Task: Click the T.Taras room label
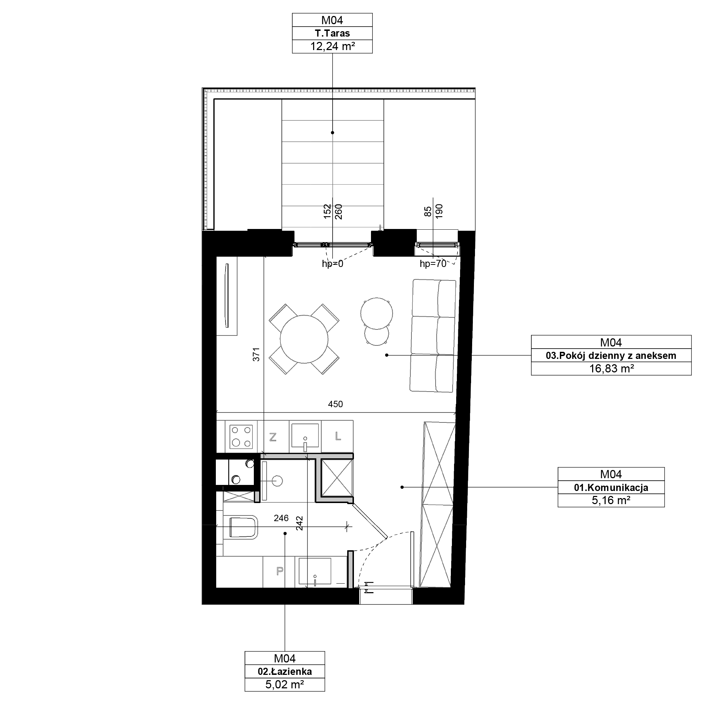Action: click(332, 33)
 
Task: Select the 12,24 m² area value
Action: click(332, 46)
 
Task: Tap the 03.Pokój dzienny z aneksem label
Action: click(611, 356)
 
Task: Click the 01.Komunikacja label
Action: click(611, 488)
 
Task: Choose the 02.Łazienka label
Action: click(285, 671)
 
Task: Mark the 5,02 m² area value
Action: click(285, 685)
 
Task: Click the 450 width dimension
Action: click(335, 404)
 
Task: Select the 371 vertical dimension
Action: click(256, 355)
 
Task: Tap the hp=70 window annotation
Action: click(433, 264)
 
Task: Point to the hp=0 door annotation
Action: click(332, 264)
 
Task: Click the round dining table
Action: click(304, 339)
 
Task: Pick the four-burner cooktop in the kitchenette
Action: click(241, 437)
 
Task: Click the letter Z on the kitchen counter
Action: click(273, 437)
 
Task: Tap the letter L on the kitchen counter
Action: click(338, 436)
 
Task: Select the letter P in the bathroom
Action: click(280, 571)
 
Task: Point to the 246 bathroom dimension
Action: click(281, 518)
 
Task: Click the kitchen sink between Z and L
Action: click(305, 437)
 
